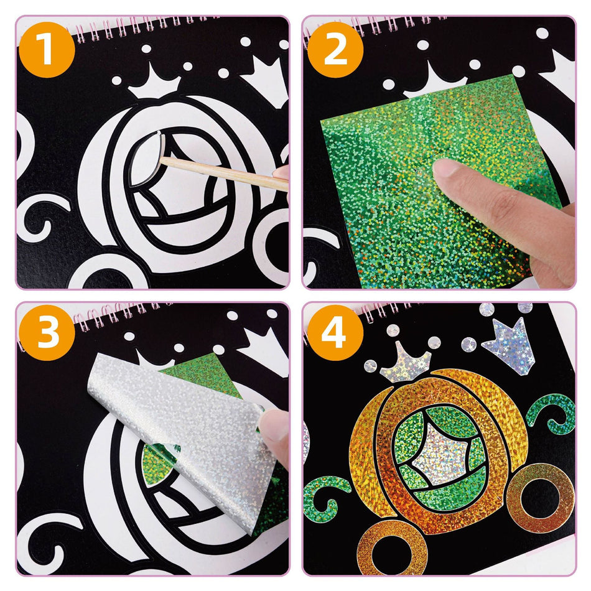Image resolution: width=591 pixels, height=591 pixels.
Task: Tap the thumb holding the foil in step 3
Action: [x=274, y=429]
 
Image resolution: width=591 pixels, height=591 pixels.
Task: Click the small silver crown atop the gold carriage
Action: [x=406, y=364]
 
